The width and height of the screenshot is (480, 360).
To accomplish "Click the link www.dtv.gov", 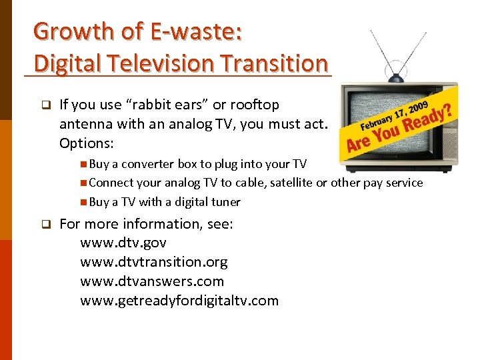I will click(x=123, y=243).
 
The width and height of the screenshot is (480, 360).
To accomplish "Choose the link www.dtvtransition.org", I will click(x=154, y=262).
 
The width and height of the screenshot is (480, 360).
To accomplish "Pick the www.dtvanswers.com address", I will click(x=152, y=281).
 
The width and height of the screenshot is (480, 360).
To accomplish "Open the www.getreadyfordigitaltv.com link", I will click(x=179, y=301).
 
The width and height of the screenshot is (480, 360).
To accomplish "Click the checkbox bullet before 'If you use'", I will click(x=45, y=105).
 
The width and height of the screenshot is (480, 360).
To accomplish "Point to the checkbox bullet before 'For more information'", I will click(x=45, y=225).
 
